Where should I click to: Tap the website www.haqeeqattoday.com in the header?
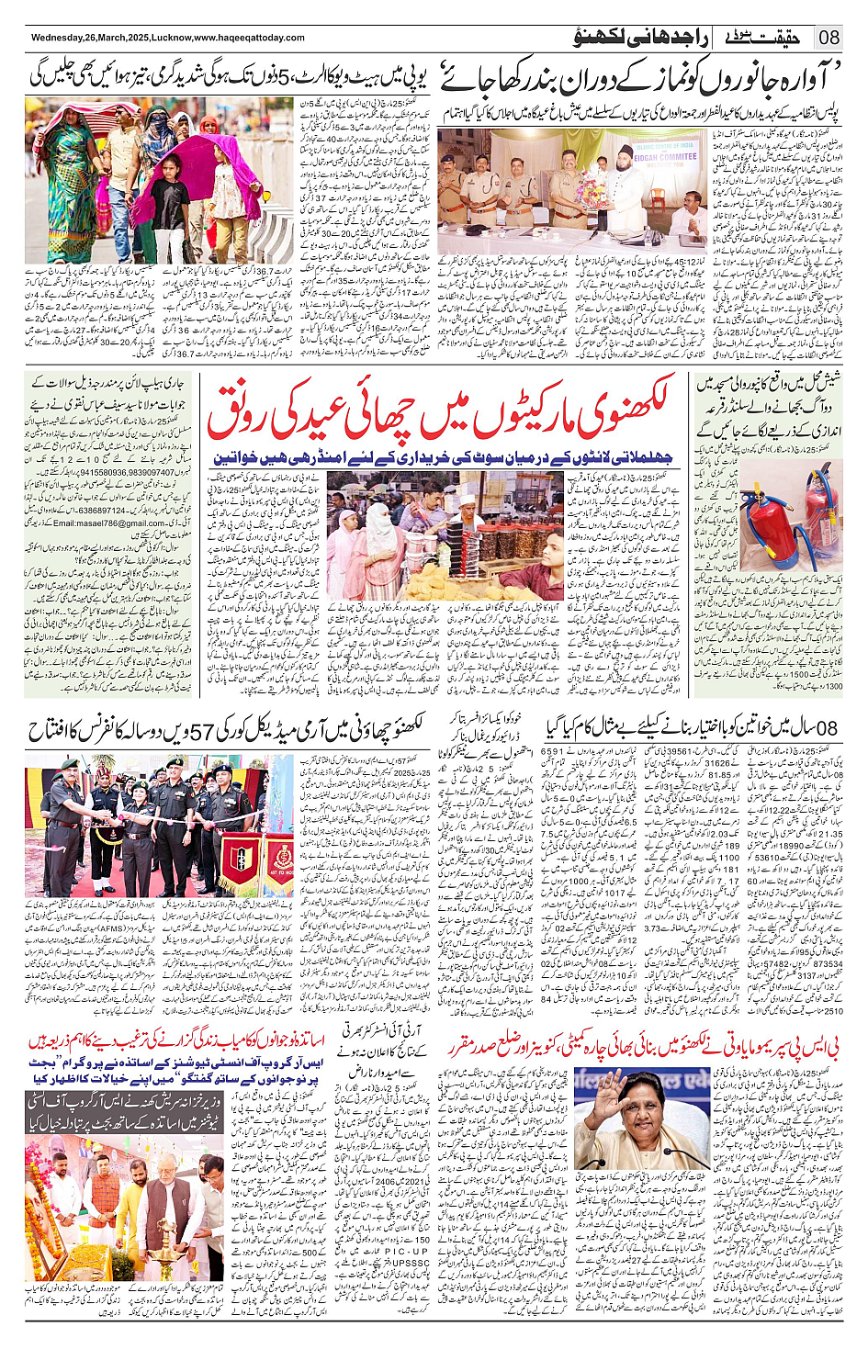(x=249, y=38)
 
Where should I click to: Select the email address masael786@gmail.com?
(x=109, y=523)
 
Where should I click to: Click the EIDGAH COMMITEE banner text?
(x=665, y=156)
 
